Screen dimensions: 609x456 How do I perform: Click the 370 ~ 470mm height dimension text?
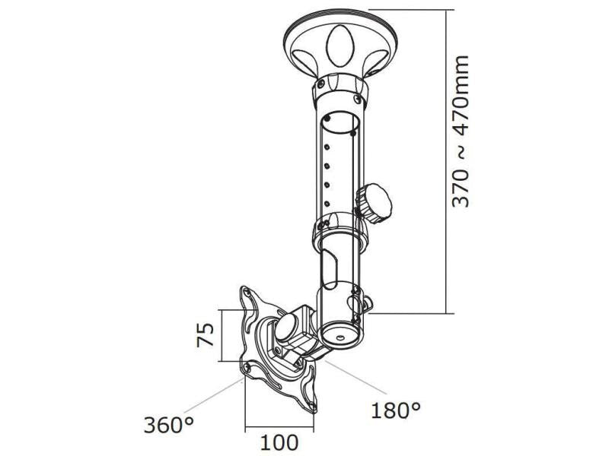coord(461,131)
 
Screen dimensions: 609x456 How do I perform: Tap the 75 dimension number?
coord(205,334)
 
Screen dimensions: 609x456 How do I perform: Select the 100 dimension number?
coord(279,443)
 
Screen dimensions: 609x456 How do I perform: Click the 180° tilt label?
coord(395,410)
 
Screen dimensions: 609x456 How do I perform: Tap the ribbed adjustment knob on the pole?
coord(374,203)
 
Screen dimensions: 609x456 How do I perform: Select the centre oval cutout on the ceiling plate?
coord(340,46)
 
